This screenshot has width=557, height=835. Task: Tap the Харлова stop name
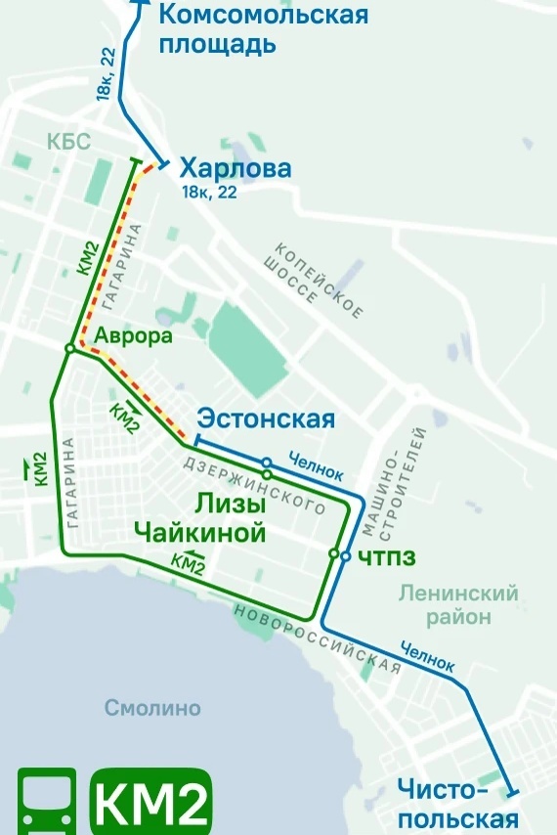(x=236, y=169)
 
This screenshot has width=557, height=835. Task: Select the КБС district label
(x=68, y=143)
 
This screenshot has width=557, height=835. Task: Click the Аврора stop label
(x=133, y=336)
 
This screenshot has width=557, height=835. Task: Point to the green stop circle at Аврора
(x=70, y=348)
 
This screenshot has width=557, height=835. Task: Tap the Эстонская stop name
(x=266, y=419)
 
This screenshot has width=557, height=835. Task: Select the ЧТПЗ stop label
(x=386, y=557)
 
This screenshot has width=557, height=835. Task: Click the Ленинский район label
(x=458, y=605)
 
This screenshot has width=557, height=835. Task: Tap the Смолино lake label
(x=152, y=708)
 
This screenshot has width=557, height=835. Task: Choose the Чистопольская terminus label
(x=457, y=804)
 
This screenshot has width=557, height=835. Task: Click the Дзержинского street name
(x=255, y=486)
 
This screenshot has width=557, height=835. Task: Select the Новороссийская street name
(x=318, y=637)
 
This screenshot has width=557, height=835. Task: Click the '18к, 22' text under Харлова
(x=208, y=193)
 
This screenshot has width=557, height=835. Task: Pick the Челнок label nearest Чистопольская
(x=427, y=657)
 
